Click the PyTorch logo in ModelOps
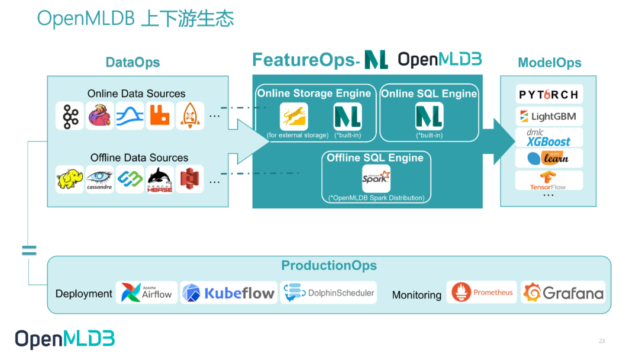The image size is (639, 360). (548, 95)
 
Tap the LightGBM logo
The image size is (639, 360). (548, 116)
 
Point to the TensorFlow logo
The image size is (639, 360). (548, 180)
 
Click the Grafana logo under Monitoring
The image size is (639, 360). (563, 292)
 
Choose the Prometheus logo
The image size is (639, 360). (482, 292)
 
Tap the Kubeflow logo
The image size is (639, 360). (228, 292)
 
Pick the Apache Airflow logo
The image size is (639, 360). (147, 292)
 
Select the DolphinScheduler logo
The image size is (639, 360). (329, 292)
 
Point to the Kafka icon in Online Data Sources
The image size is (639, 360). (70, 116)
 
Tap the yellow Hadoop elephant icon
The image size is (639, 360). (70, 179)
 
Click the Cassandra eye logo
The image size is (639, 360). (99, 179)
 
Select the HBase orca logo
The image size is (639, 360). (160, 179)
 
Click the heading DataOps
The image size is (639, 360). (133, 63)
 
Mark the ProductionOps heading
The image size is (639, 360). (329, 266)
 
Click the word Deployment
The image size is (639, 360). (83, 294)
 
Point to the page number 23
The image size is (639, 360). (602, 341)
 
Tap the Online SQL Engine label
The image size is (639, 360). (429, 94)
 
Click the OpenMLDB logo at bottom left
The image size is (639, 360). (64, 339)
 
